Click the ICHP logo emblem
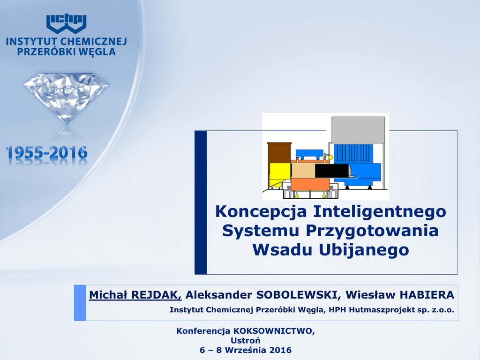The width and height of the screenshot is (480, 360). coord(67,24)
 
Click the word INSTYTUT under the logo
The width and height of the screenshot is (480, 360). coord(31,42)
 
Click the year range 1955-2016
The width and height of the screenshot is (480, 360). coord(46,153)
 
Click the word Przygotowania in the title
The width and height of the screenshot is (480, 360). coord(372,231)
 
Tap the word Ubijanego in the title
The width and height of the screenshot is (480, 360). coord(364,250)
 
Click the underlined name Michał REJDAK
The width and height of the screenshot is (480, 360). coord(135,295)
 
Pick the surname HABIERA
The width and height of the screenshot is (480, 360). coord(427,295)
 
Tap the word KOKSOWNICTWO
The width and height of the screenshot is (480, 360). coord(274,331)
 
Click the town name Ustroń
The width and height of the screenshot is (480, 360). coord(246,340)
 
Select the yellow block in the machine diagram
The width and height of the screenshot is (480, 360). coord(280,175)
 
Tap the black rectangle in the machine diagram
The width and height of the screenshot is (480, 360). coord(332,171)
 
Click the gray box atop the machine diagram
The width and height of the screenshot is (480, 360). coord(358,130)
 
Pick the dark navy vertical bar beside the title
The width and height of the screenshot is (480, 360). coord(201,202)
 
